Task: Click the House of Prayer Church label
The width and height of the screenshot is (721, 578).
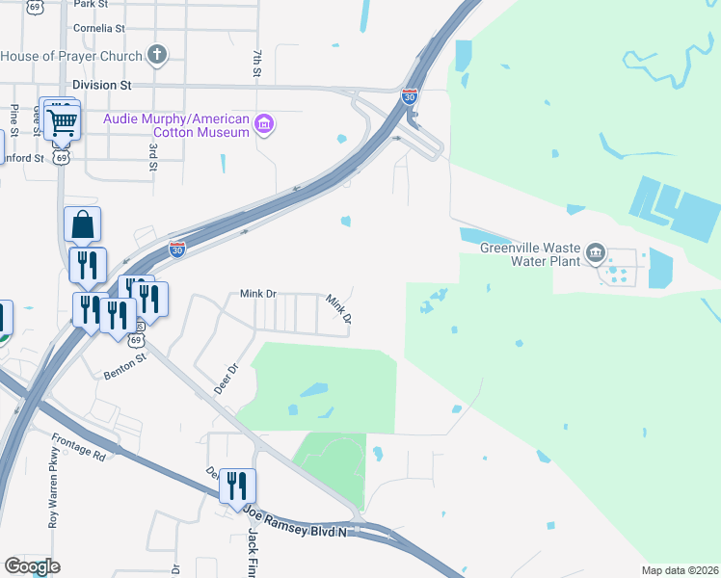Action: [x=72, y=55]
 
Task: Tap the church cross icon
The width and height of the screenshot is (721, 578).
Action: [x=158, y=54]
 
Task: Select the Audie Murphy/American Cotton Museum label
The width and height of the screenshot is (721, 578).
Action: [x=176, y=124]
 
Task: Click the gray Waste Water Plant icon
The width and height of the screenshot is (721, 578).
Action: [x=596, y=253]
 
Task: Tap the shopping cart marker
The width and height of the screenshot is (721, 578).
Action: [x=63, y=122]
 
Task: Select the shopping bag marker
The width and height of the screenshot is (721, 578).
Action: [x=83, y=224]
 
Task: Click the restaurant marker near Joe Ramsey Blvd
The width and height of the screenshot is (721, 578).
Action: [x=236, y=486]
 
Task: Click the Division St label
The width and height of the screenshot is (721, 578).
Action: [x=101, y=85]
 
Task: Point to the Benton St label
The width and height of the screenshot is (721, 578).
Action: [x=125, y=363]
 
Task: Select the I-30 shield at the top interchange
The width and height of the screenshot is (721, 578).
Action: [x=409, y=96]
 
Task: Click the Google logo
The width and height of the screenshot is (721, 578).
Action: [x=32, y=566]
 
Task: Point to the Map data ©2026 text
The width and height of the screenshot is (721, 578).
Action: [x=678, y=570]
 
